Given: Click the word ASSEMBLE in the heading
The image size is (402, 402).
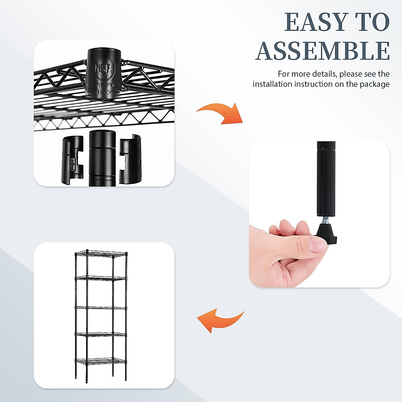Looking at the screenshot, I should [323, 51].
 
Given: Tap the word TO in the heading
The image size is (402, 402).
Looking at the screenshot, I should [373, 22].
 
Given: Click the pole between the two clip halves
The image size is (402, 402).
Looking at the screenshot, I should [102, 157].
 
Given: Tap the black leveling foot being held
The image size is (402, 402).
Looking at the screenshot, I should [326, 233].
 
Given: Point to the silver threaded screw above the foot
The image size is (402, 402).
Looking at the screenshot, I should [325, 220].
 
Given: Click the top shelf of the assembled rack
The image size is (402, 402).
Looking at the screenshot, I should [100, 254].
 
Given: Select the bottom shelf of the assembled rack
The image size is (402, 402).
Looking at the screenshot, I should [100, 361].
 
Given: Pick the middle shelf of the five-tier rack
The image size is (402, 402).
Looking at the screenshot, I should [100, 307].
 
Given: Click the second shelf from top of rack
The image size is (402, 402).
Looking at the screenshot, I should [100, 278].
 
